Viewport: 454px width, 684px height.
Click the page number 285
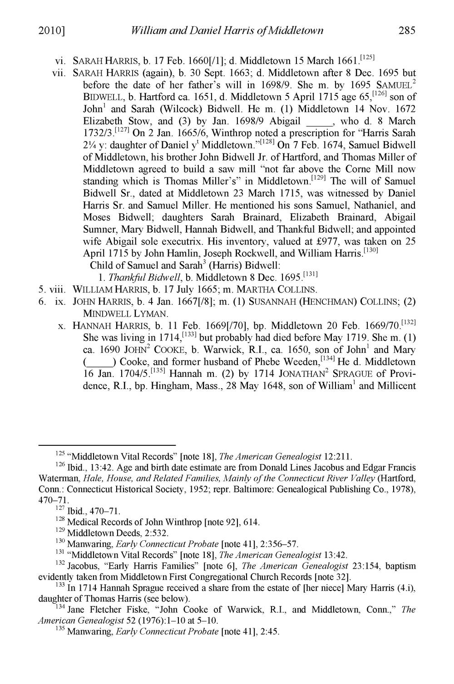coord(406,31)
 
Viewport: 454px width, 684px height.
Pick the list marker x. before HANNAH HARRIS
coord(63,326)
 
